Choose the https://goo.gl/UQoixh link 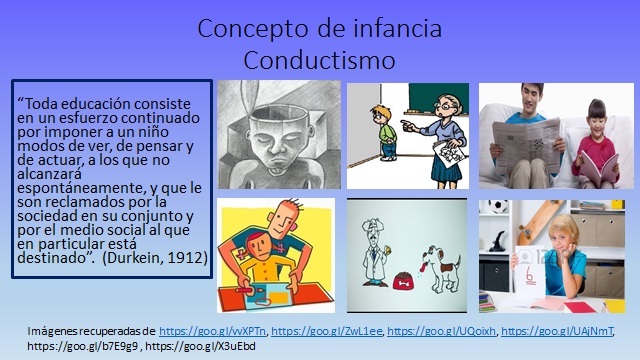point(440,330)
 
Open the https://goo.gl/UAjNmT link point(557,330)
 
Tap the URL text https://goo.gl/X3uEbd point(213,346)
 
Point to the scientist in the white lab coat point(382,251)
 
